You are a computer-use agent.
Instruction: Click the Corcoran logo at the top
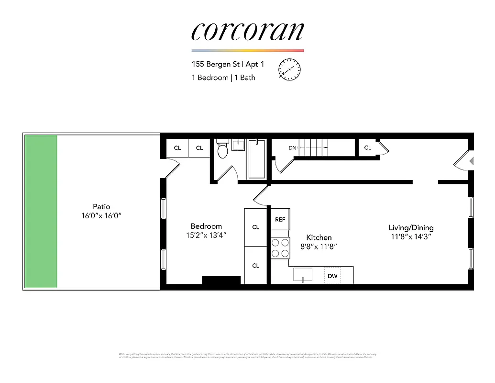coord(247,31)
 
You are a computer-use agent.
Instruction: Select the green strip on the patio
coord(41,211)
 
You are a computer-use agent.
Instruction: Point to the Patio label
coord(101,207)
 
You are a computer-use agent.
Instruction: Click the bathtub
coord(257,159)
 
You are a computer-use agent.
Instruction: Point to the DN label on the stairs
coord(293,148)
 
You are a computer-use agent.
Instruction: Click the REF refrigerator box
coord(280,219)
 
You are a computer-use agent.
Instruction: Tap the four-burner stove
coord(280,248)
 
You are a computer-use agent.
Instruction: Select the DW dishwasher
coord(333,276)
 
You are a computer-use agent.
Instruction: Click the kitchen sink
coord(303,275)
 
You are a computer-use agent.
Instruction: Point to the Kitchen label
coord(319,237)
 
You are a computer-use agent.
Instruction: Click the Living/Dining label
coord(411,228)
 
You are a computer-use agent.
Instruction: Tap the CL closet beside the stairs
coord(367,147)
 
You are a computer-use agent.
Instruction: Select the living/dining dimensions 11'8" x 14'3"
coord(411,237)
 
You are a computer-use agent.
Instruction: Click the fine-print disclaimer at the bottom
coord(247,356)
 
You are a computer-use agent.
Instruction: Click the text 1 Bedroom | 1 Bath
coord(223,78)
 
